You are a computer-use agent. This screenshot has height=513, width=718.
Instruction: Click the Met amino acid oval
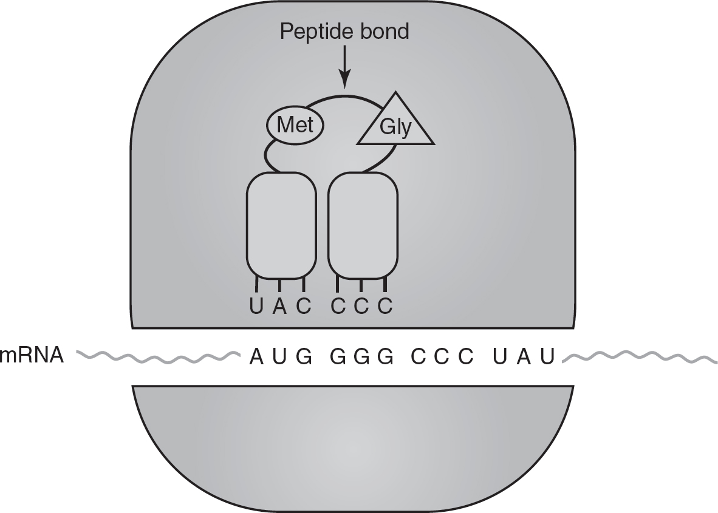[295, 125]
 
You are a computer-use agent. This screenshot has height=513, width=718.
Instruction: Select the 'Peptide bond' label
[344, 32]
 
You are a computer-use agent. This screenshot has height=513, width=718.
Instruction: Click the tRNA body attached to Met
[281, 226]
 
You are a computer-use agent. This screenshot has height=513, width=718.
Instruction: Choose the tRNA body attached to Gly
[363, 226]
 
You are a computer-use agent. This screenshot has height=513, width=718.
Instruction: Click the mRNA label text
[32, 355]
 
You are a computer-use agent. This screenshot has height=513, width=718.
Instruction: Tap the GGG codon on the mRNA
[362, 356]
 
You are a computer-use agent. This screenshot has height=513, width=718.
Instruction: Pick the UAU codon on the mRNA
[524, 356]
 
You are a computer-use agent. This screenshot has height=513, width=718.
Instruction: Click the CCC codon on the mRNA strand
[442, 356]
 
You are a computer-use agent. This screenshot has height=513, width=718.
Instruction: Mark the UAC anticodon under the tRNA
[280, 306]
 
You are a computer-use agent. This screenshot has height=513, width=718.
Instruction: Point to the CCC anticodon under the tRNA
[362, 306]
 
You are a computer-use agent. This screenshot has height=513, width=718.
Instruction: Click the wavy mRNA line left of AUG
[158, 356]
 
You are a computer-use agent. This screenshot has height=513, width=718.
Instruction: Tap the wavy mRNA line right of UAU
[640, 356]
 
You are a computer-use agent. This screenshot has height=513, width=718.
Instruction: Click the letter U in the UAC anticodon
[256, 306]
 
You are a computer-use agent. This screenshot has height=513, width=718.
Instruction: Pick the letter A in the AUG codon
[257, 356]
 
